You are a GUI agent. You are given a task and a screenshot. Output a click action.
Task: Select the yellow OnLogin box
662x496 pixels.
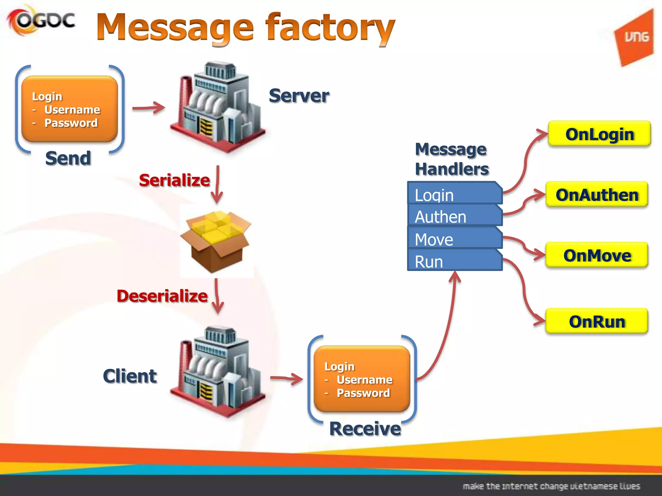600,134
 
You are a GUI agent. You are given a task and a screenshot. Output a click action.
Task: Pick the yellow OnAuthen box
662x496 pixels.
597,195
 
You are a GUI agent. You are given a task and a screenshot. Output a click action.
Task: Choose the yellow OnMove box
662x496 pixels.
597,255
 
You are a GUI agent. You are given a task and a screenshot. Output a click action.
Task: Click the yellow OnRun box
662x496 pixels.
597,322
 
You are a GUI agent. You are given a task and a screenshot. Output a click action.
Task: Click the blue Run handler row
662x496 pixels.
454,261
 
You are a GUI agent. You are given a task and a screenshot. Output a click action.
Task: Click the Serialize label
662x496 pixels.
174,180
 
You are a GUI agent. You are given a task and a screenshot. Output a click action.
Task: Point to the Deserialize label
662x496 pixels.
162,296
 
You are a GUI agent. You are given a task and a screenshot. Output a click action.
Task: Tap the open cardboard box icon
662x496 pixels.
216,241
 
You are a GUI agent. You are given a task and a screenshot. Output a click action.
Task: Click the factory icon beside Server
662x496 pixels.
217,107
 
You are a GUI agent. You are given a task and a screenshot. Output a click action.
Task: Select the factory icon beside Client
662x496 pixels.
217,371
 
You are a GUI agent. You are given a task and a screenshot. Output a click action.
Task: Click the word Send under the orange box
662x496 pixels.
68,158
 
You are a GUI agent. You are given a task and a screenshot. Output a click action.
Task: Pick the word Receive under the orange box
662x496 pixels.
365,429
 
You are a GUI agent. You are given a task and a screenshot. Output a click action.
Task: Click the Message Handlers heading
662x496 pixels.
452,159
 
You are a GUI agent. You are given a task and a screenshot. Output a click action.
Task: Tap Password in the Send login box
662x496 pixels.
71,123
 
